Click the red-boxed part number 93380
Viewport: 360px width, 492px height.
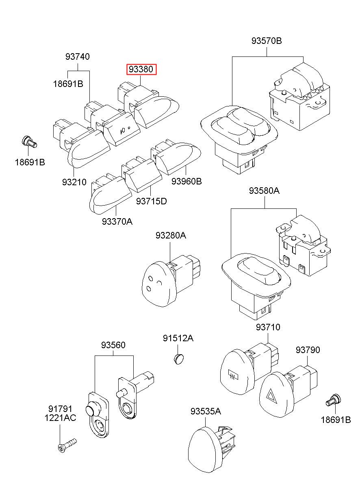click(141, 69)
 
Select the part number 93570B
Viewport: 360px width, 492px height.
click(267, 41)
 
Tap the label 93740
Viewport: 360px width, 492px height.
click(78, 56)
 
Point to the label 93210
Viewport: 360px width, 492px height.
click(74, 182)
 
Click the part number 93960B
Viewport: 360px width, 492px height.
click(187, 182)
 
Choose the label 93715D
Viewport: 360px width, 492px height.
click(152, 201)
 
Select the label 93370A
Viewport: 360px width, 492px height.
click(117, 221)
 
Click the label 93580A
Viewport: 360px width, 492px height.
click(264, 191)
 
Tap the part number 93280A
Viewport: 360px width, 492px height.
click(171, 236)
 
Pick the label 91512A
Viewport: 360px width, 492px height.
click(178, 338)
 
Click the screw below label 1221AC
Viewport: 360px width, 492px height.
click(67, 445)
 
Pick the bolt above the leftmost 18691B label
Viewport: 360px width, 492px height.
click(30, 142)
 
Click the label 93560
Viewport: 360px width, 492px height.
click(113, 345)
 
